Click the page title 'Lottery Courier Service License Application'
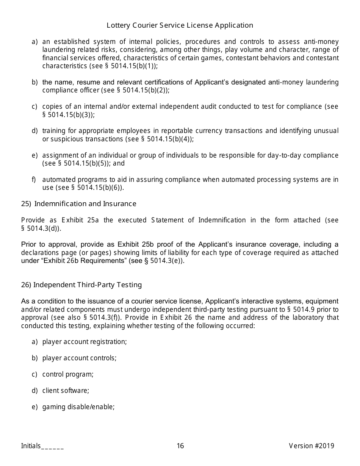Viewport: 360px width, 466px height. tap(180, 25)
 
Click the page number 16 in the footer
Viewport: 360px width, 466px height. tap(180, 446)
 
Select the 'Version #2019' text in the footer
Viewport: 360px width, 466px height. tap(311, 446)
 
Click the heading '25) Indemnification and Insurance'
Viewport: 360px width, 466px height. tap(78, 204)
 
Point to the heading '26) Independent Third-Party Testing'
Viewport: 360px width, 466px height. tap(81, 285)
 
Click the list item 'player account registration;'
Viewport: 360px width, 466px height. tap(85, 342)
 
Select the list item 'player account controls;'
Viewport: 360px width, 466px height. tap(79, 358)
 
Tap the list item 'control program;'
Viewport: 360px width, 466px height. tap(68, 374)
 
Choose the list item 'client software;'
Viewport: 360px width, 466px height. tap(66, 391)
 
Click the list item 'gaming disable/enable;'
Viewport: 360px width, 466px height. tap(78, 407)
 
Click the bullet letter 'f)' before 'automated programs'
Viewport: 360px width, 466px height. tap(34, 180)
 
